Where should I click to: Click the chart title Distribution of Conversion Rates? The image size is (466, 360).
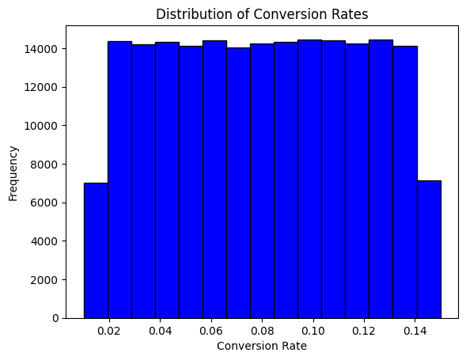pos(262,14)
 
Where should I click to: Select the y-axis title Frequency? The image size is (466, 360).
pos(13,173)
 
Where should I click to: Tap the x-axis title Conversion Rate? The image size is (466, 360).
pos(262,346)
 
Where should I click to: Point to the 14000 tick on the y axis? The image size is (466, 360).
pos(41,49)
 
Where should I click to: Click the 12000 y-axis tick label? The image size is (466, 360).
pos(41,87)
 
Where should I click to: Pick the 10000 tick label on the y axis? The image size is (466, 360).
pos(41,126)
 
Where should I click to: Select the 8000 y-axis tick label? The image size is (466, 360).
pos(44,165)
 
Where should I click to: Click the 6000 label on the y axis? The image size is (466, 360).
pos(44,203)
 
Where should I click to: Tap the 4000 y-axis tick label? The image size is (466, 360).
pos(44,241)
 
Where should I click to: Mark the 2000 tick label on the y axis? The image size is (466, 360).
pos(44,280)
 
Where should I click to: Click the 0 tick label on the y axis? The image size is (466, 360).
pos(55,318)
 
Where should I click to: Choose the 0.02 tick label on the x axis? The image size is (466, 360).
pos(109,331)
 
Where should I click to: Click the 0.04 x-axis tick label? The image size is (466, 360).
pos(160,331)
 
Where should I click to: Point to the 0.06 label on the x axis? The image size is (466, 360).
pos(211,331)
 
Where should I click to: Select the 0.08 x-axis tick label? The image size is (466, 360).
pos(262,331)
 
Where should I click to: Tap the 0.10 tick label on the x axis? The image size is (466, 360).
pos(313,331)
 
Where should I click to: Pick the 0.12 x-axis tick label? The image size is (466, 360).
pos(364,331)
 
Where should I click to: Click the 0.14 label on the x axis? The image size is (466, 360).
pos(415,331)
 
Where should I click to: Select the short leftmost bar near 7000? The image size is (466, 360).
pos(96,251)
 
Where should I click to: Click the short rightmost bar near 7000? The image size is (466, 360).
pos(429,249)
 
